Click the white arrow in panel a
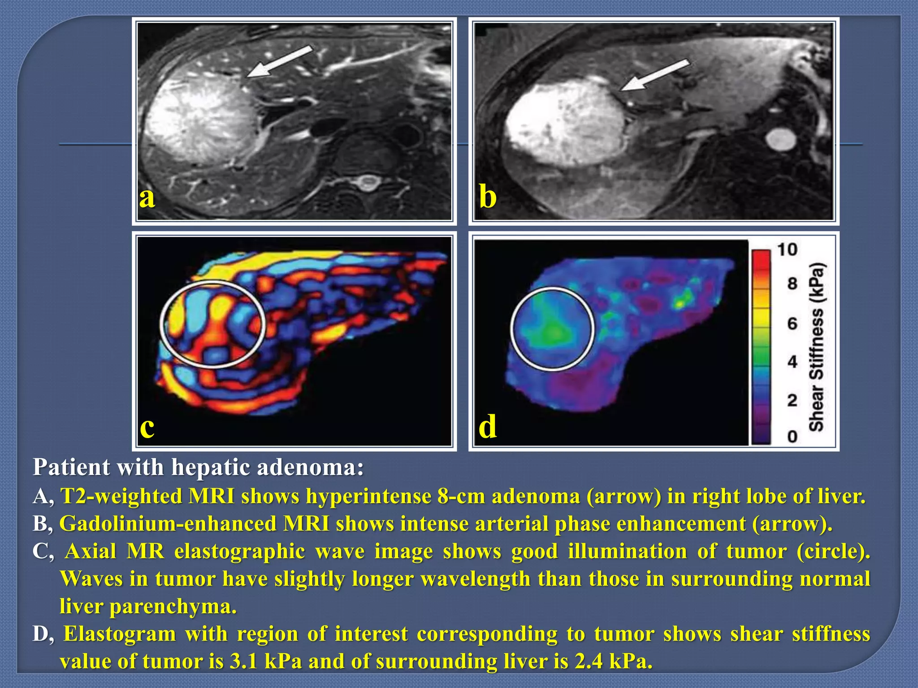pyautogui.click(x=280, y=61)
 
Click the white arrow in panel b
pyautogui.click(x=654, y=75)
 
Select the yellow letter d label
pyautogui.click(x=488, y=426)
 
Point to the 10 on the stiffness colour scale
pyautogui.click(x=787, y=249)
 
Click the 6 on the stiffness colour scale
pyautogui.click(x=792, y=323)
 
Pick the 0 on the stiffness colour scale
pyautogui.click(x=792, y=436)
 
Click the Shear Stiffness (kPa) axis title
pyautogui.click(x=817, y=347)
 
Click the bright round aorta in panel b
pyautogui.click(x=781, y=139)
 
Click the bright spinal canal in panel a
pyautogui.click(x=368, y=182)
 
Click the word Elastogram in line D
pyautogui.click(x=120, y=634)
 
